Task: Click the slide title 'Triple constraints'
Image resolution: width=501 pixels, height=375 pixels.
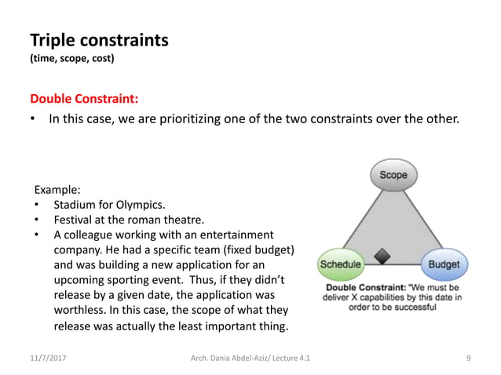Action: click(x=98, y=39)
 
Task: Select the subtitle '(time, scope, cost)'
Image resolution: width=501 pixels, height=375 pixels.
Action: click(x=71, y=59)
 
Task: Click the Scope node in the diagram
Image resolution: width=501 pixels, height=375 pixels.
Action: click(x=393, y=175)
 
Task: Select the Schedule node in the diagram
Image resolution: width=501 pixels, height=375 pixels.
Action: click(x=340, y=264)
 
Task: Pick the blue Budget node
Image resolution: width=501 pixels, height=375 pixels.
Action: click(x=444, y=264)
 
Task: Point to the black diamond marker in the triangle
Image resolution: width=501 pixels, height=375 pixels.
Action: click(x=382, y=255)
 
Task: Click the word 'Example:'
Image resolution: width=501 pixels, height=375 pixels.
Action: click(x=57, y=190)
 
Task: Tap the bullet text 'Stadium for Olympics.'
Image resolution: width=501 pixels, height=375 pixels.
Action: click(x=104, y=205)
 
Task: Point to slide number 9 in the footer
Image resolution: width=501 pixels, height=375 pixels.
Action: click(x=468, y=358)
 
